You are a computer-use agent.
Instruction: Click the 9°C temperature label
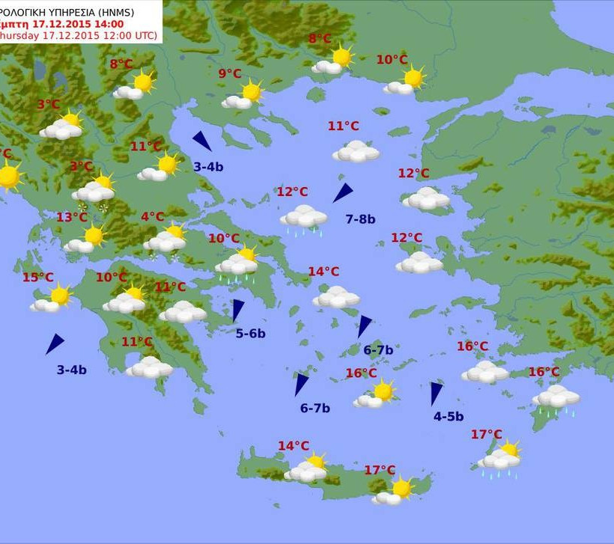click(230, 73)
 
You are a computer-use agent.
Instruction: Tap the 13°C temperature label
click(72, 217)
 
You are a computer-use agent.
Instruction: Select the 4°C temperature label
click(152, 217)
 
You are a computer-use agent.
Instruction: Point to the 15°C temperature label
click(37, 278)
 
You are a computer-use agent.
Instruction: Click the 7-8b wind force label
click(360, 219)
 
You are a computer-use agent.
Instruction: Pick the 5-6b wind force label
click(250, 334)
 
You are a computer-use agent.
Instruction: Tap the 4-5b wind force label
click(449, 417)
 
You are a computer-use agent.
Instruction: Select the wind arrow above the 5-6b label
click(237, 310)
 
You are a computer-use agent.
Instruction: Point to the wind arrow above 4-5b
click(436, 393)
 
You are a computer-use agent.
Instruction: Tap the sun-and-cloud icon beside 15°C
click(51, 299)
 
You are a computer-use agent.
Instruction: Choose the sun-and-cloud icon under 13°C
click(85, 239)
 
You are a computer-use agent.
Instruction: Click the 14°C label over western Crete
click(294, 446)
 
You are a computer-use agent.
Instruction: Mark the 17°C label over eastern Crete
click(380, 470)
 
